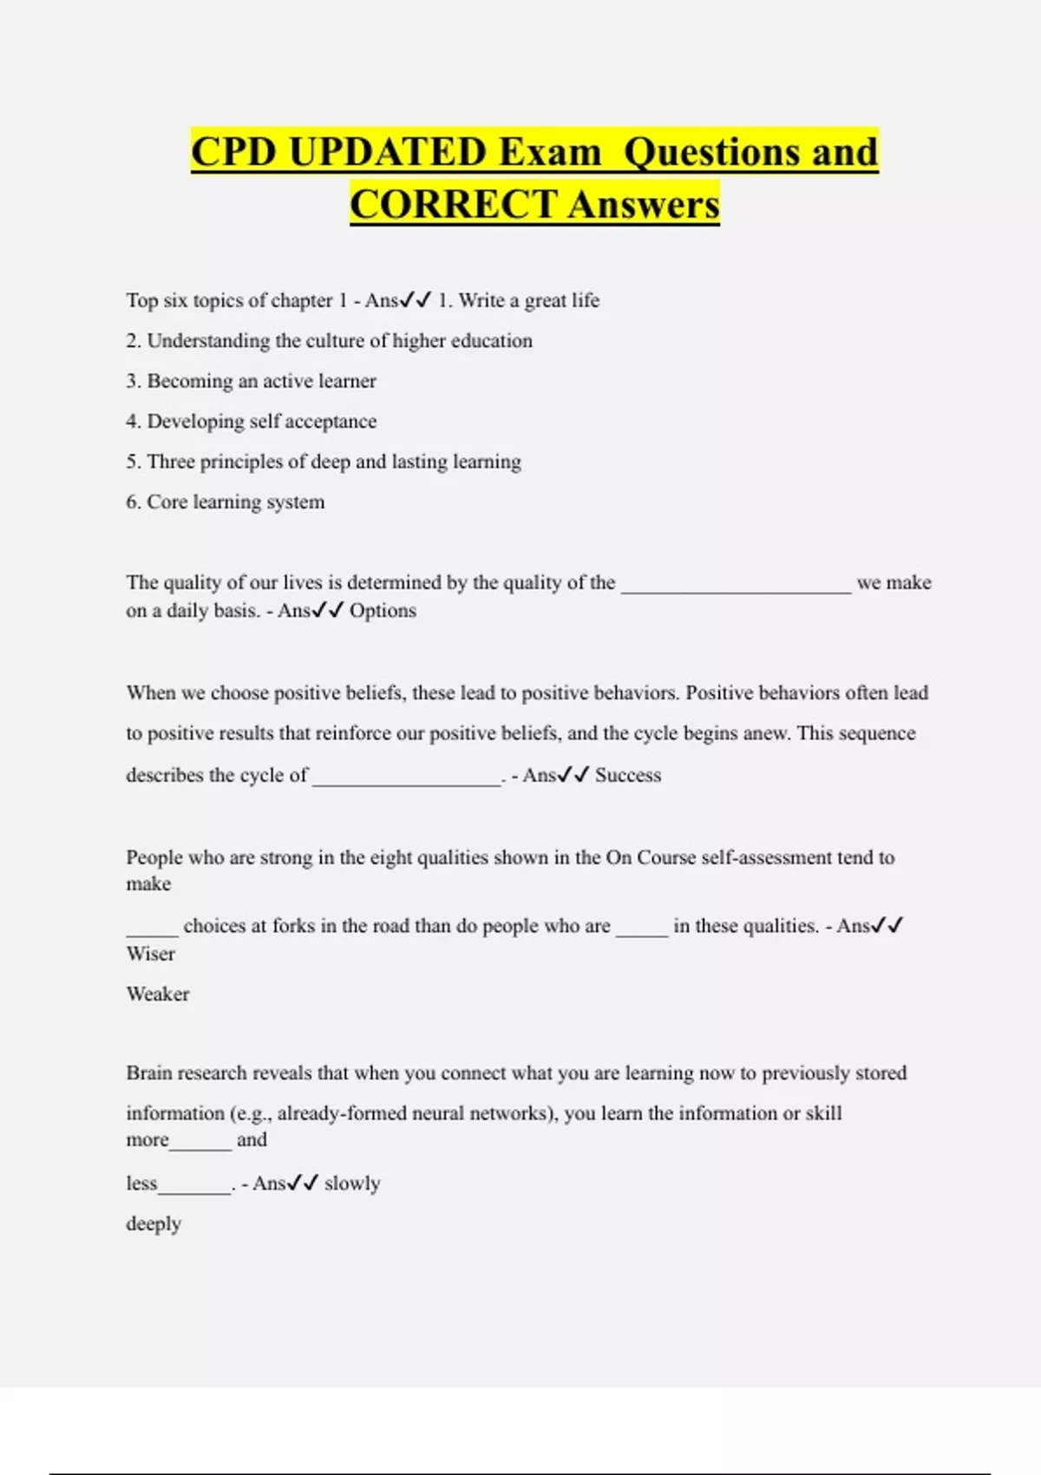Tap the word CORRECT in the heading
[x=453, y=206]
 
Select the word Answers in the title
[x=645, y=206]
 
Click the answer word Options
[x=383, y=611]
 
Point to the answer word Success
[x=628, y=776]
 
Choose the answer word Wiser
[x=151, y=954]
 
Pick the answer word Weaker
[x=158, y=994]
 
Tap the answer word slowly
[x=352, y=1183]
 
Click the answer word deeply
[x=154, y=1224]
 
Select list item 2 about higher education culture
[x=330, y=341]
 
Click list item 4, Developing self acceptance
[x=252, y=422]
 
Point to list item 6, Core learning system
[x=226, y=502]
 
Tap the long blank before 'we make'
[x=737, y=587]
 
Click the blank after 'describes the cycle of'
[x=407, y=780]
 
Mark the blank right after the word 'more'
[x=200, y=1144]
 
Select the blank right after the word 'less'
[x=195, y=1189]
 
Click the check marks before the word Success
[x=573, y=775]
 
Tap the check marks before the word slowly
[x=303, y=1183]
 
